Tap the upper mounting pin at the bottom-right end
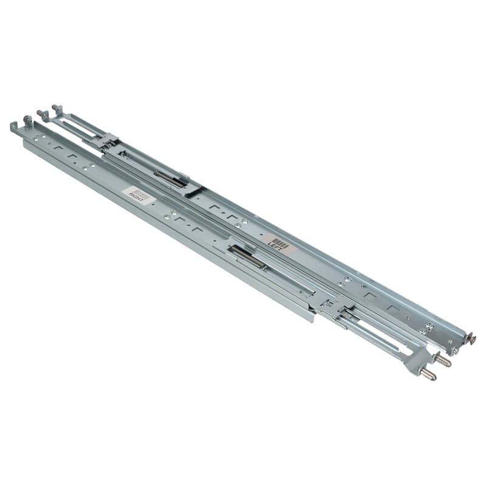442,361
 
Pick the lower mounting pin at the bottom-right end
428,374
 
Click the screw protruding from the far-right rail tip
471,338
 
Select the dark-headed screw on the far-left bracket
27,120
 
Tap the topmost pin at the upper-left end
56,108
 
